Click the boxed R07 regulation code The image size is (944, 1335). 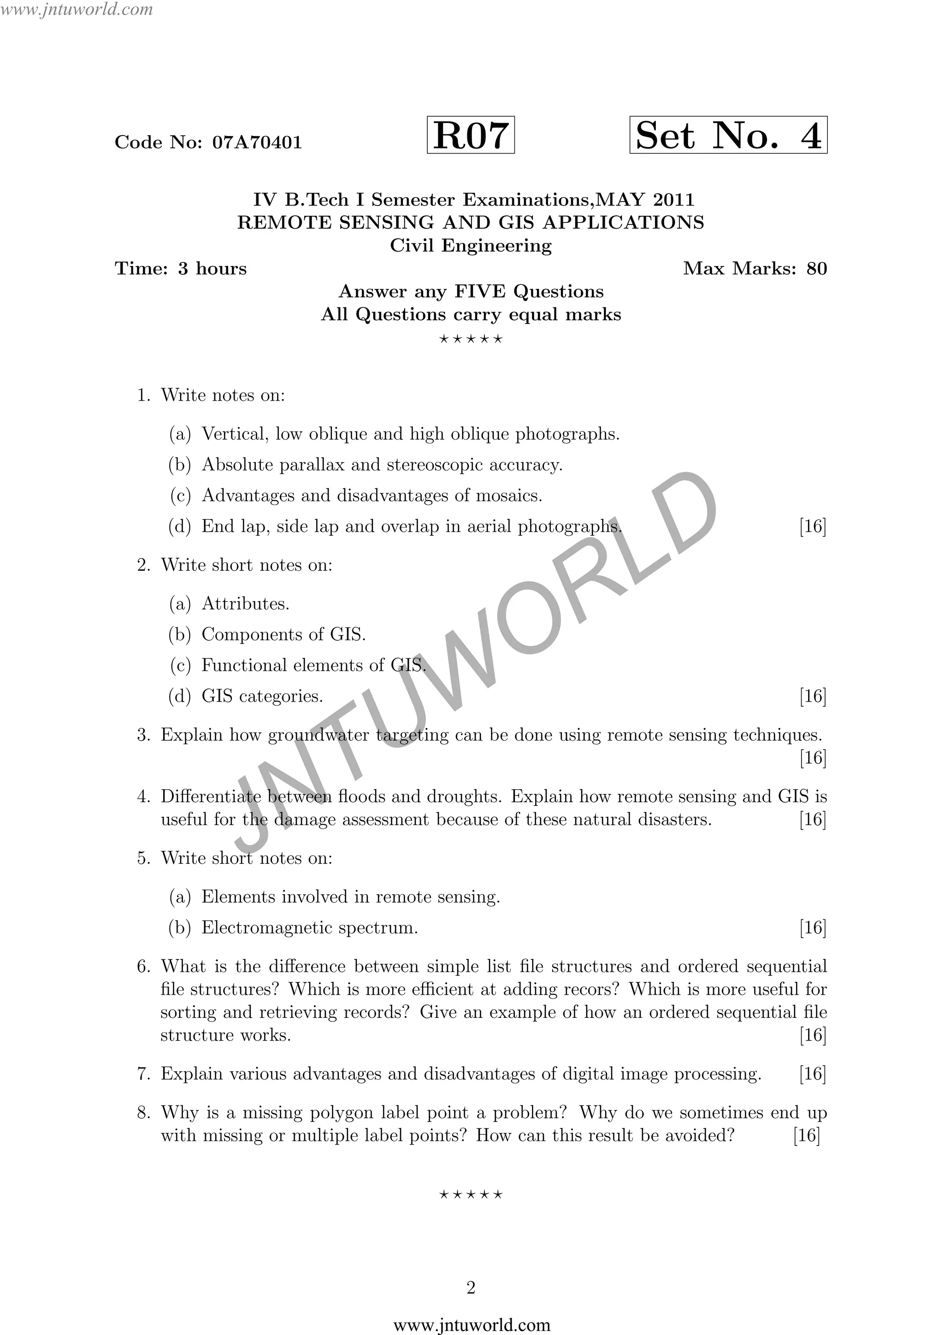(470, 136)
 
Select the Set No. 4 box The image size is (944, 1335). (728, 136)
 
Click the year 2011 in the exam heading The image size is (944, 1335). (674, 200)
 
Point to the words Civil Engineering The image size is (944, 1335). (471, 246)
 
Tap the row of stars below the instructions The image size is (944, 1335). (471, 339)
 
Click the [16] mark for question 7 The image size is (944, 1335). (813, 1074)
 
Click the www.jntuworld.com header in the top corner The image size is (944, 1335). (77, 9)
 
